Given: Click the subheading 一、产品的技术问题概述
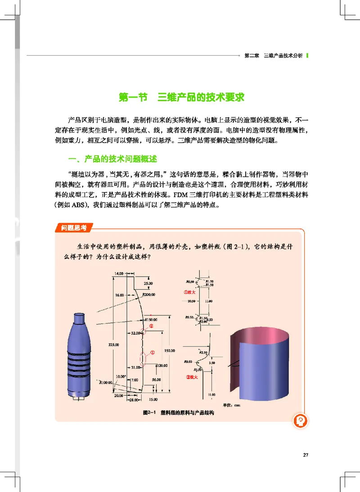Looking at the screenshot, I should tap(111, 160).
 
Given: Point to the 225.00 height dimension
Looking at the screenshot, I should tap(113, 344).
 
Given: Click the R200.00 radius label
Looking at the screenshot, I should tap(149, 295).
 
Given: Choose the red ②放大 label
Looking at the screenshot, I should tap(192, 377).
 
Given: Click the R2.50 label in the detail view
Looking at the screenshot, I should tap(203, 353).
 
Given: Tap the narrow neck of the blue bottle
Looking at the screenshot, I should tap(79, 317).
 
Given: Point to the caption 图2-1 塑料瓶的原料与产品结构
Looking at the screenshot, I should tap(178, 412).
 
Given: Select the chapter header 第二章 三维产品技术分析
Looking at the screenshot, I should tap(273, 56).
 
